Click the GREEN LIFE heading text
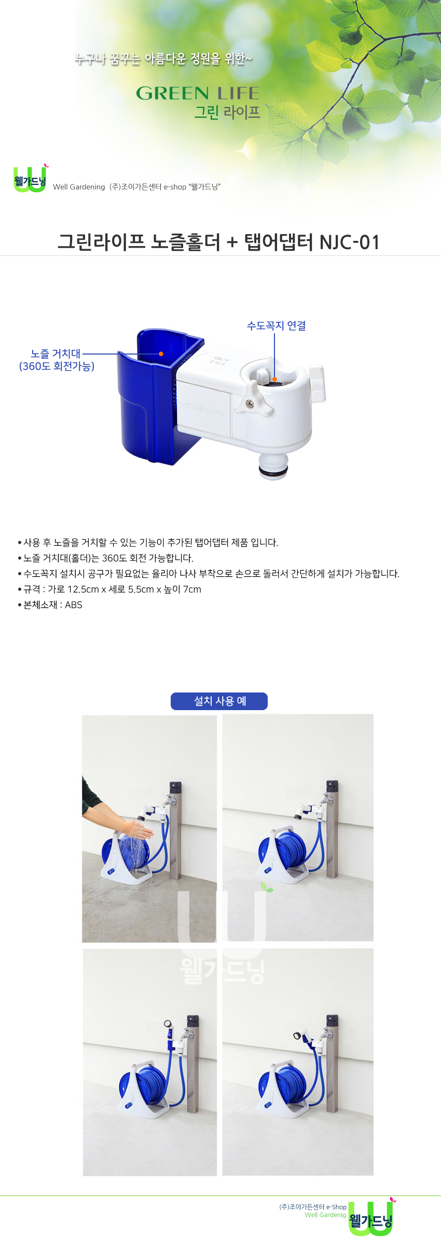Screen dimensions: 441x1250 [198, 93]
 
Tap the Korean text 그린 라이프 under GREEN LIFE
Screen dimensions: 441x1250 [227, 112]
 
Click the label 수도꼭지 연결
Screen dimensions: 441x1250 [276, 325]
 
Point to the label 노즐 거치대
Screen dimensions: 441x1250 [56, 354]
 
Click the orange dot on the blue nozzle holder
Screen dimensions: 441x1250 [161, 354]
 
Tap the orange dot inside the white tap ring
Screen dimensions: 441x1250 [274, 379]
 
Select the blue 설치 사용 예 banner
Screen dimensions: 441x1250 [219, 701]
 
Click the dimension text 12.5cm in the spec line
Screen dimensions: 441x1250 [83, 589]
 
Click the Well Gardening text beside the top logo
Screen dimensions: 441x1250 [79, 187]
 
